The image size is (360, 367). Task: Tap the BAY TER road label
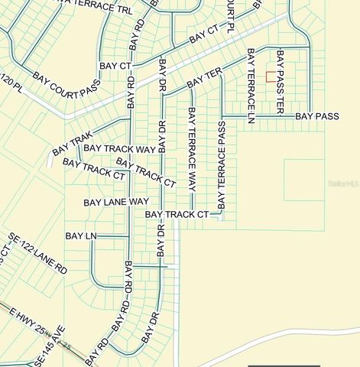[203, 77]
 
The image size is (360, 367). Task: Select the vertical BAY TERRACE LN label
[250, 86]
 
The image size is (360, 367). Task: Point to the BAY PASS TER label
[280, 83]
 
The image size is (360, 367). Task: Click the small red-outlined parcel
[270, 76]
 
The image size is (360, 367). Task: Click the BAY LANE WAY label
[116, 202]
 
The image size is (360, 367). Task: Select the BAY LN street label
[80, 236]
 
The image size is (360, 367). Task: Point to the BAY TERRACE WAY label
[191, 149]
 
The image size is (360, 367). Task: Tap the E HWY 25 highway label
[31, 325]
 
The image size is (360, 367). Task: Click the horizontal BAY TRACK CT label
[177, 215]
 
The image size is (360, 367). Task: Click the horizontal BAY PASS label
[317, 116]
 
